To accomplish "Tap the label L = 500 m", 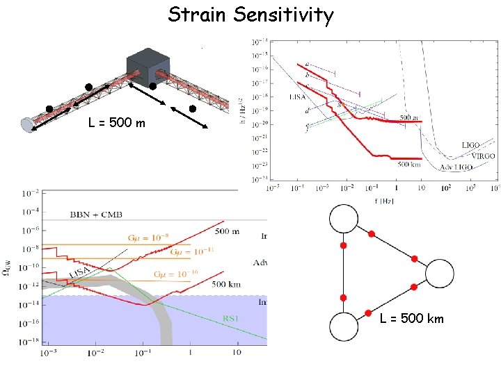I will [x=117, y=124].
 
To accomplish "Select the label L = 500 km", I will [x=412, y=319].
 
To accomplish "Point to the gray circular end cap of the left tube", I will [x=29, y=124].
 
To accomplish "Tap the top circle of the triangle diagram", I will [x=342, y=219].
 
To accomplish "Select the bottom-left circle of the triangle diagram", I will [x=342, y=326].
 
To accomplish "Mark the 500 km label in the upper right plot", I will [x=403, y=164].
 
